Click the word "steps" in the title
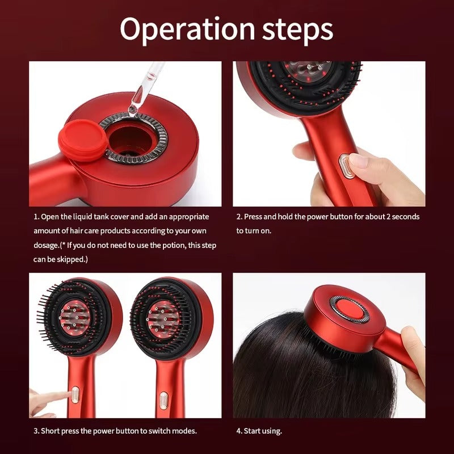(298, 30)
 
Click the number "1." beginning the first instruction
(36, 217)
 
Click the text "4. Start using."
(259, 431)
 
